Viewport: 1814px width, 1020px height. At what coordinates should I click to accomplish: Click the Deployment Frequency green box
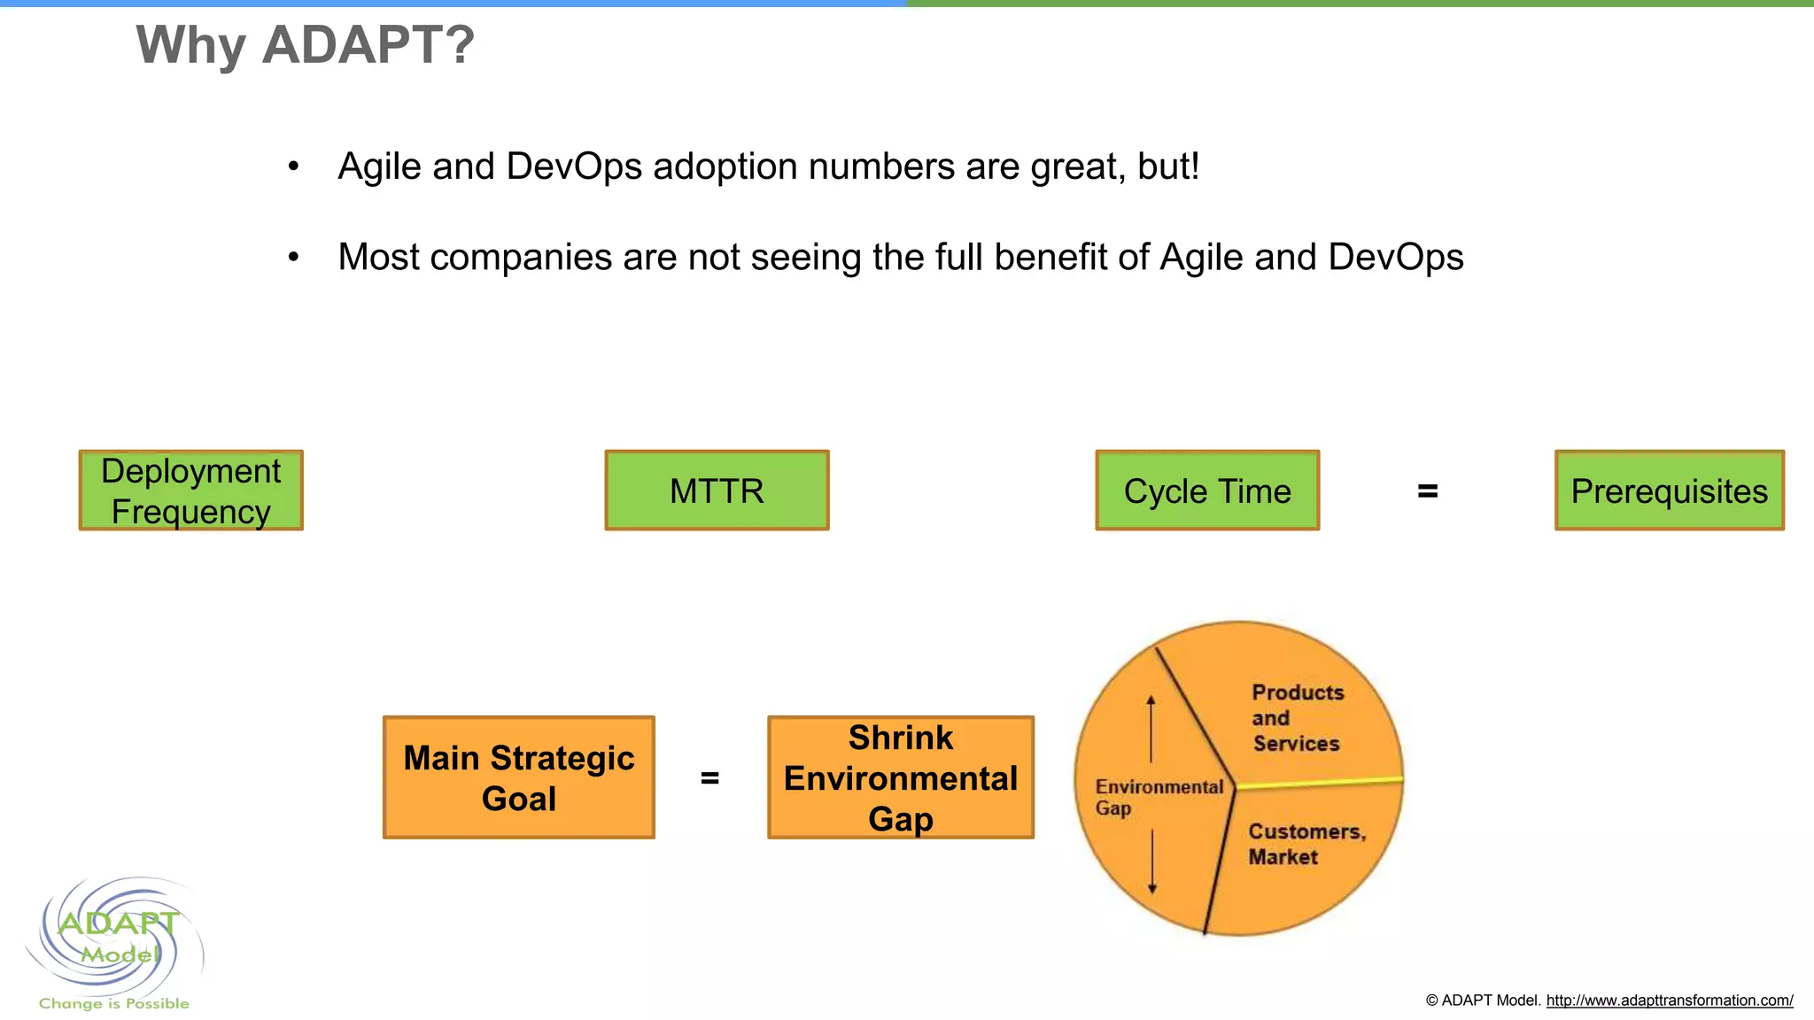pyautogui.click(x=190, y=491)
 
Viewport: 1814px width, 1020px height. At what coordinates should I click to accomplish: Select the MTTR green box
pyautogui.click(x=717, y=491)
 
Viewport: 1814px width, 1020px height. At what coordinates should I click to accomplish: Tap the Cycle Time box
pyautogui.click(x=1207, y=491)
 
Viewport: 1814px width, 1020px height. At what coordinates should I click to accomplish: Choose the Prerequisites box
pyautogui.click(x=1669, y=491)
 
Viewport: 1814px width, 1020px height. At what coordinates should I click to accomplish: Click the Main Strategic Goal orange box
pyautogui.click(x=519, y=777)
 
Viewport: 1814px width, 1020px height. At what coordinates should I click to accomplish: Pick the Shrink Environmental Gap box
pyautogui.click(x=900, y=777)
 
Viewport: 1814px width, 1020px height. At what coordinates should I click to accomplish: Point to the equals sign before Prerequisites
pyautogui.click(x=1427, y=491)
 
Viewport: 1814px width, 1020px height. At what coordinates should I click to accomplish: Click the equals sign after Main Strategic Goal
pyautogui.click(x=709, y=778)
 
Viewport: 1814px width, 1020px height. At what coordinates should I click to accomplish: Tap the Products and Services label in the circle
pyautogui.click(x=1297, y=718)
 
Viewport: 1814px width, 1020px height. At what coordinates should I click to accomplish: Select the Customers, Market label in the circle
pyautogui.click(x=1306, y=844)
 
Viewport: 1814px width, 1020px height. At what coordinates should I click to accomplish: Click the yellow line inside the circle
pyautogui.click(x=1320, y=783)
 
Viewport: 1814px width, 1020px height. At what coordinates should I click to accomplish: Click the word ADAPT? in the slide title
pyautogui.click(x=368, y=44)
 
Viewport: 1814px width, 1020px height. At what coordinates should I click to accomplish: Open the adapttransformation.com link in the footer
pyautogui.click(x=1669, y=1001)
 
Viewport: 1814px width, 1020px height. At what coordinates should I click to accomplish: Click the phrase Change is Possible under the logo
pyautogui.click(x=113, y=1003)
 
